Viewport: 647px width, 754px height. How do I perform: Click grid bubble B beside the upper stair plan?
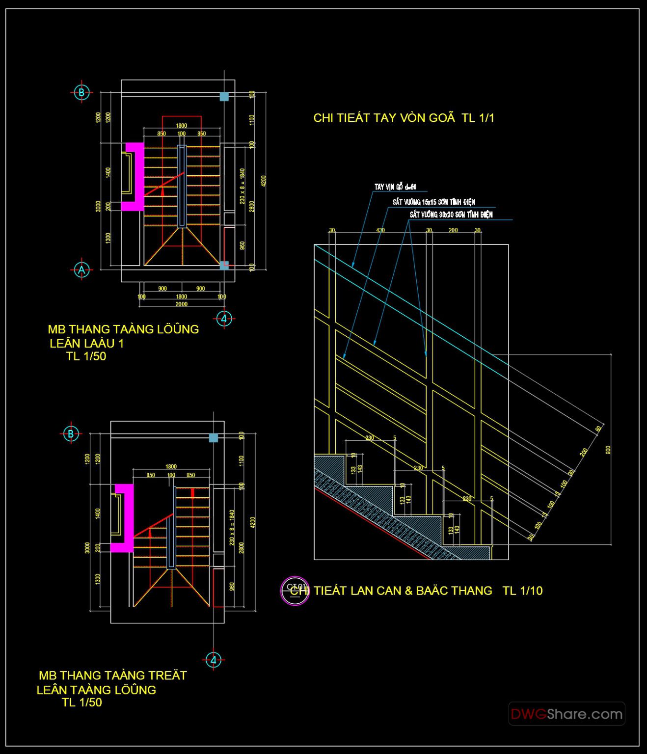point(81,92)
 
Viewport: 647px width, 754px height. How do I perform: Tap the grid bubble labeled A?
point(81,269)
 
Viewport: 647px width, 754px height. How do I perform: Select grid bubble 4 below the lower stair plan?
point(213,660)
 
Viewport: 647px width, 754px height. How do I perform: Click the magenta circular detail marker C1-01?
point(294,590)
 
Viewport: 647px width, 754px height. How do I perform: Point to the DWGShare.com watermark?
point(566,714)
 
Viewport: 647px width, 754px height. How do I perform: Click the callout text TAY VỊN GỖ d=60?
point(395,187)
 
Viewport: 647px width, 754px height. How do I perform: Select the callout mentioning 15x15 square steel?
point(433,202)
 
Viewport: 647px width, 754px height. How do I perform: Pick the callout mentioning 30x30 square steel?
point(451,215)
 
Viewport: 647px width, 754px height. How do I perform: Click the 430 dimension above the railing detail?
point(380,230)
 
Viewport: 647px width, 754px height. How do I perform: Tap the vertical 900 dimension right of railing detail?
point(608,450)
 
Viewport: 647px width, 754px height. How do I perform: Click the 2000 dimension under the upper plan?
point(181,304)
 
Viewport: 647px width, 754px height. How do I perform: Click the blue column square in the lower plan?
point(214,438)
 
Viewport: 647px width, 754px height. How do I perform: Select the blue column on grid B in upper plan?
point(224,97)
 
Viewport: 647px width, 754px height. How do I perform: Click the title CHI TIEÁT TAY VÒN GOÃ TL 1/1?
point(404,118)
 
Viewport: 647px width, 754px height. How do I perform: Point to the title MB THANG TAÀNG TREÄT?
point(113,675)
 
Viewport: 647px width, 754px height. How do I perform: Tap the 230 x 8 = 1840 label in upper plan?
point(242,186)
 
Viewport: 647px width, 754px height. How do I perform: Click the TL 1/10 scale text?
point(522,591)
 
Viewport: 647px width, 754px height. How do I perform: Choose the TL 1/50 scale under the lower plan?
point(82,702)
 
